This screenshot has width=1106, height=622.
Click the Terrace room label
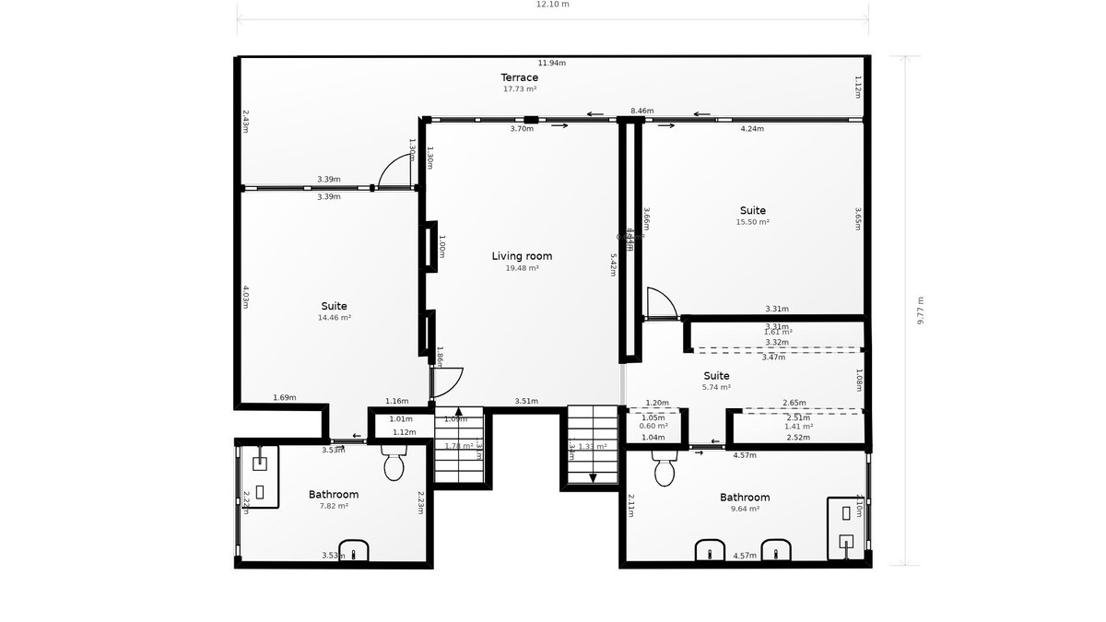coord(520,77)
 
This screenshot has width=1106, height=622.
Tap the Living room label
coord(522,256)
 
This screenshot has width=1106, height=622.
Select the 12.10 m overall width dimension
coord(553,5)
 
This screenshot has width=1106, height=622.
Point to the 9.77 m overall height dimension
coord(919,311)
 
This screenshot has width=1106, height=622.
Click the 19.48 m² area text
coord(522,268)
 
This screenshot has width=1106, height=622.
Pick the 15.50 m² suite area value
coord(752,222)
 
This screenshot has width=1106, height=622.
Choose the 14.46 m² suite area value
coord(335,318)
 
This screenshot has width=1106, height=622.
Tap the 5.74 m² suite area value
coord(716,388)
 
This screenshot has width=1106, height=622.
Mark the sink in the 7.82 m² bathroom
coord(355,550)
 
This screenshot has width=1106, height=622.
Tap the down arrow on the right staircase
coord(593,477)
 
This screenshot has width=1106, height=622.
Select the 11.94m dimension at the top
coord(551,64)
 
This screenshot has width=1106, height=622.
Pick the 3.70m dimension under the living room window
coord(522,129)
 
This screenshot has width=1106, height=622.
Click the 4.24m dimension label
coord(752,129)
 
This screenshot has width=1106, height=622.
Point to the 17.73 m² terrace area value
coord(520,89)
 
